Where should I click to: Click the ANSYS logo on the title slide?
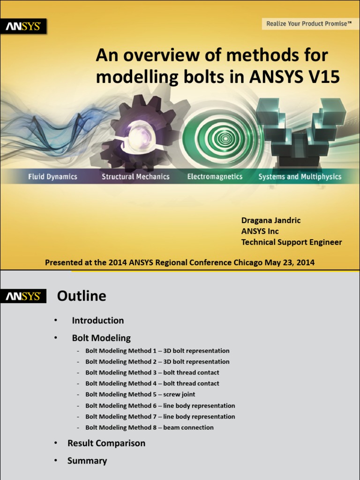click(x=23, y=26)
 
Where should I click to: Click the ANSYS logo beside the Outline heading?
click(x=23, y=296)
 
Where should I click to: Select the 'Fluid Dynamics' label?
click(x=52, y=177)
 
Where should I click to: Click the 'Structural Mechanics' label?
click(x=135, y=177)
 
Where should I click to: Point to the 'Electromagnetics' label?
click(x=215, y=177)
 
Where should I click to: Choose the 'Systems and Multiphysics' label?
click(x=300, y=177)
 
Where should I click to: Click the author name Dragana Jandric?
click(x=271, y=220)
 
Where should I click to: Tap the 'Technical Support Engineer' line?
click(x=291, y=242)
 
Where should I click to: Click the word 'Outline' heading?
click(x=82, y=296)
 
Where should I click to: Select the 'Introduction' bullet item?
click(x=97, y=321)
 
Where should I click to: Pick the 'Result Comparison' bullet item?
click(x=106, y=443)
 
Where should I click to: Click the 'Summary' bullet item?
click(x=87, y=461)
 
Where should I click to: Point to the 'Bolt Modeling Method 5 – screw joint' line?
click(x=140, y=395)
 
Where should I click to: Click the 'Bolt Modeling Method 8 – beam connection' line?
click(x=149, y=427)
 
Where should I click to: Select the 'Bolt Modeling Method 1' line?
click(x=157, y=351)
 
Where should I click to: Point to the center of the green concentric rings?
click(x=225, y=138)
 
